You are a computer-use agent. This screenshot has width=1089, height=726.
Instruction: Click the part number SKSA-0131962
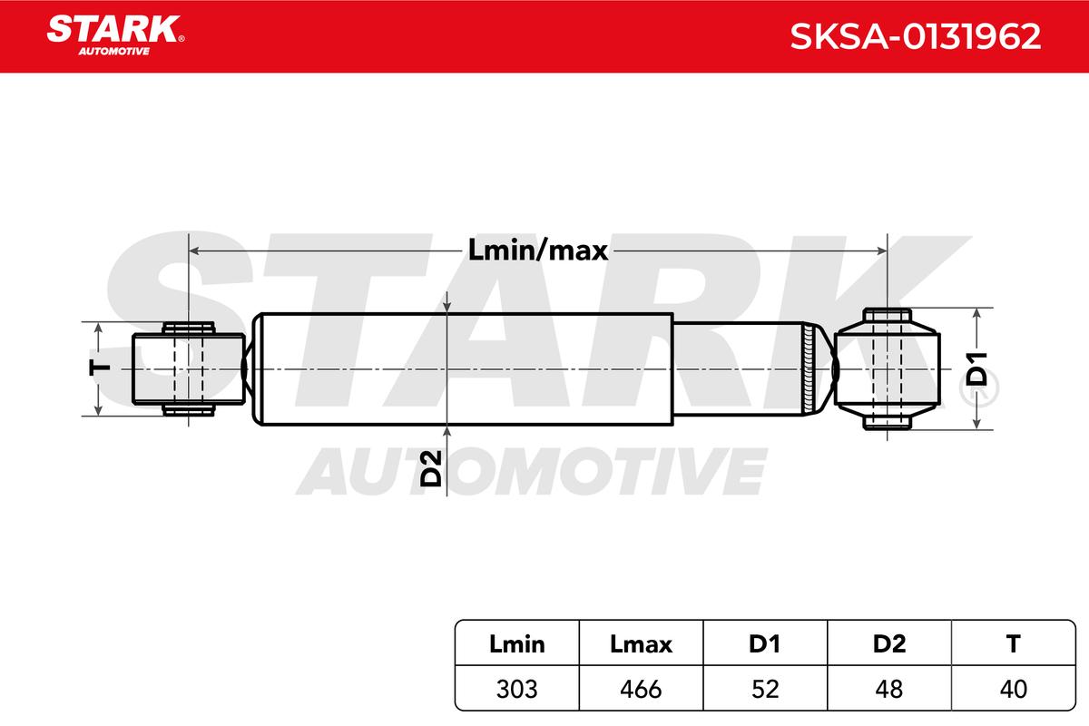point(914,36)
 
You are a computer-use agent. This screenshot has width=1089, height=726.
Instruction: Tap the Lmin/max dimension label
point(538,250)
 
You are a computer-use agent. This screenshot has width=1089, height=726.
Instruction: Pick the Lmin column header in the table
point(516,644)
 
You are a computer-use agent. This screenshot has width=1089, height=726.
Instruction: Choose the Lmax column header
point(641,644)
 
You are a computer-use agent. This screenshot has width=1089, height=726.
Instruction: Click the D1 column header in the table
point(765,644)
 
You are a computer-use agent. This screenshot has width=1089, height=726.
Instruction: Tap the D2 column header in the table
point(889,644)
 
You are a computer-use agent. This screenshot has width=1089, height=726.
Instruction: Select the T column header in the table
point(1013,644)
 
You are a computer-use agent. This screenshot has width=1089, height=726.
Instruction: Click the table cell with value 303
point(516,689)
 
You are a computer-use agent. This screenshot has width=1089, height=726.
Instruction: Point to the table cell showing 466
point(641,689)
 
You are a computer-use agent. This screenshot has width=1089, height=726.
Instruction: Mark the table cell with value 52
point(765,689)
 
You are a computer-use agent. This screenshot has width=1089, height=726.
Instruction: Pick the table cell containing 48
point(889,689)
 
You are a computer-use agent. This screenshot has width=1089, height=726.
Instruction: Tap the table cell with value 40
point(1013,689)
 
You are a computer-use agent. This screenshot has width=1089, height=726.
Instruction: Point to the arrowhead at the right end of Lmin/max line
point(880,250)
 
